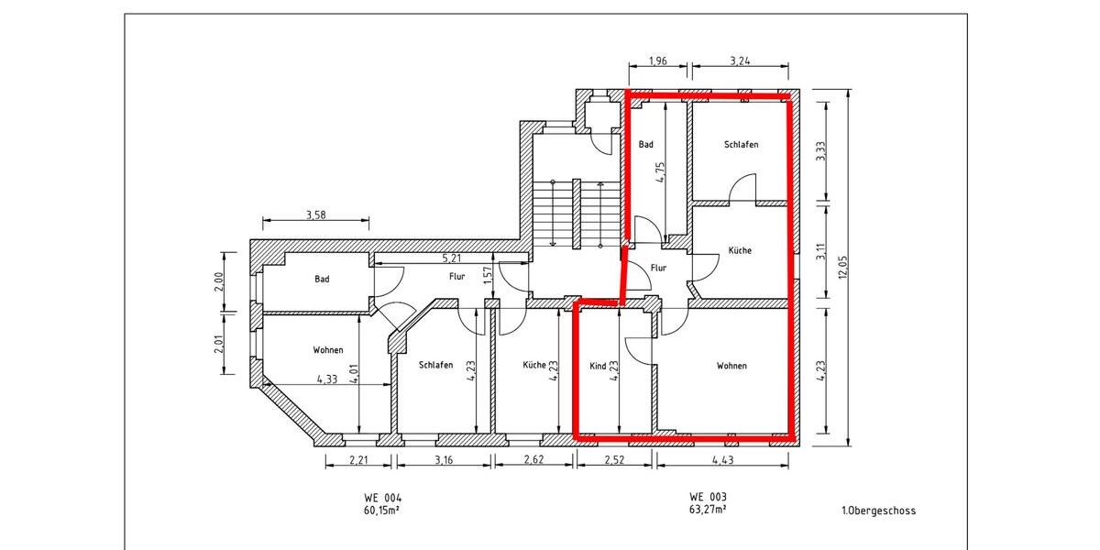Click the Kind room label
(x=597, y=365)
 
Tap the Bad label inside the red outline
(x=646, y=145)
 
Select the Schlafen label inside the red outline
(x=741, y=145)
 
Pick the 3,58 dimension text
(x=313, y=215)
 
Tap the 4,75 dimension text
(x=660, y=172)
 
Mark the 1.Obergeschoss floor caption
(x=877, y=511)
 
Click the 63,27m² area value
(x=708, y=510)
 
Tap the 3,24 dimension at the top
(x=740, y=61)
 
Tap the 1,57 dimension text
(x=487, y=274)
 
